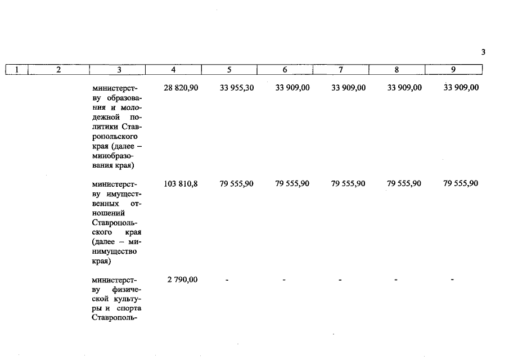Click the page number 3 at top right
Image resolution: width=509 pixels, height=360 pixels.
pyautogui.click(x=483, y=52)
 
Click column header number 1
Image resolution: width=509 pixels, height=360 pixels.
pyautogui.click(x=17, y=70)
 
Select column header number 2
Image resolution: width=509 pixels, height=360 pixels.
pyautogui.click(x=58, y=70)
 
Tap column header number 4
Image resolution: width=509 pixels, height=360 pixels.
pyautogui.click(x=173, y=70)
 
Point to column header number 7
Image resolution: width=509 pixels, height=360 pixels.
pyautogui.click(x=341, y=70)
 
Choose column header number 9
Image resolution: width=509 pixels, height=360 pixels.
pyautogui.click(x=453, y=70)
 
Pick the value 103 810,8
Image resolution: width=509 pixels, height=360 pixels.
pyautogui.click(x=181, y=183)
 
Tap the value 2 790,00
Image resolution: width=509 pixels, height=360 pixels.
pyautogui.click(x=182, y=280)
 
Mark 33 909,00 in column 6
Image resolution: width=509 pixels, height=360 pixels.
pyautogui.click(x=292, y=88)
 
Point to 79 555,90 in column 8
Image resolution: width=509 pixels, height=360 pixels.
pyautogui.click(x=404, y=183)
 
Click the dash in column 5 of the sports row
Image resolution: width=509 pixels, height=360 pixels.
pyautogui.click(x=227, y=280)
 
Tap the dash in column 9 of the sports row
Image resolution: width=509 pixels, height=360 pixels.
pyautogui.click(x=452, y=280)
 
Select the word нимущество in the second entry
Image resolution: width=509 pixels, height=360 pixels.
pyautogui.click(x=114, y=251)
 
